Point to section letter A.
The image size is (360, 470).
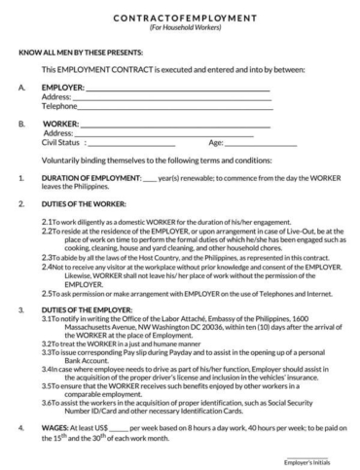(x=21, y=88)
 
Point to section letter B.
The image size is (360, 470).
(x=21, y=125)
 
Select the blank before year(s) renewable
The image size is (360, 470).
(x=150, y=180)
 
